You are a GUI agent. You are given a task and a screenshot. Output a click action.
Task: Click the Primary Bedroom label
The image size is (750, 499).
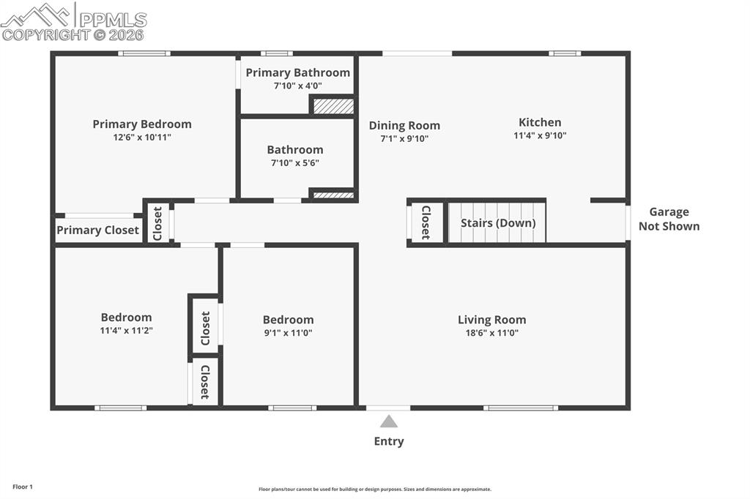point(142,124)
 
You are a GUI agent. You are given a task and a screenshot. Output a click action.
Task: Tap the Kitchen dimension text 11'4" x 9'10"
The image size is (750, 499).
point(540,135)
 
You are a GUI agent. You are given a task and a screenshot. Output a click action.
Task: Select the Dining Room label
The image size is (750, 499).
point(404,125)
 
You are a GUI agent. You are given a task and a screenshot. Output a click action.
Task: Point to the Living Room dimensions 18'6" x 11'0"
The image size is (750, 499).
point(491,333)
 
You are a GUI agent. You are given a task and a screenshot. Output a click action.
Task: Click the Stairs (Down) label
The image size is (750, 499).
point(497,222)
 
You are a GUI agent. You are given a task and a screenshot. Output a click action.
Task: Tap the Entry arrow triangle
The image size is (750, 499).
point(389,421)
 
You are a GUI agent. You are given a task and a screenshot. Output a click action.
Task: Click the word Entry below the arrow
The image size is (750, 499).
point(389,441)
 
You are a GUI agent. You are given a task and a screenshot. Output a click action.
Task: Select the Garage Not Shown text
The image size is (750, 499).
point(669,219)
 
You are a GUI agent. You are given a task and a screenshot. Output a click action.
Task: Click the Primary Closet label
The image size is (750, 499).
point(97,230)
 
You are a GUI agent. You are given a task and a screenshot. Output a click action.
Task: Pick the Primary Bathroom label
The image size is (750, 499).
point(297,72)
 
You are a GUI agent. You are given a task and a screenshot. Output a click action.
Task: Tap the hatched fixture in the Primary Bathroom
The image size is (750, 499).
point(333,106)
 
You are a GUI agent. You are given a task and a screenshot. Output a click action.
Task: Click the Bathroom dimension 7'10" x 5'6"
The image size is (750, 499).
point(295,163)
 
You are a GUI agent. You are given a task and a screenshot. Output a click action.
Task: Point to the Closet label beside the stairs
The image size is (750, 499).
point(426,222)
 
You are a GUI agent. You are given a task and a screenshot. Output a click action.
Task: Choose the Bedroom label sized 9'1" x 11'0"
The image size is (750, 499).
point(289,320)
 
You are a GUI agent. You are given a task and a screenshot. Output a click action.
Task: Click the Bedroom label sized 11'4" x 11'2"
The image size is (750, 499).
point(127,317)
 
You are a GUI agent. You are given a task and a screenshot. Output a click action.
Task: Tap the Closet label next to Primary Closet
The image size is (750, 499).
point(157,223)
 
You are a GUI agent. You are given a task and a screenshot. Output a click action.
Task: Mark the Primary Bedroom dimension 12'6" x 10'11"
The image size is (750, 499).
point(142,137)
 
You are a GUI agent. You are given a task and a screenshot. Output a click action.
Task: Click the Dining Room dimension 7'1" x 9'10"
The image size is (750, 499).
point(404,138)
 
